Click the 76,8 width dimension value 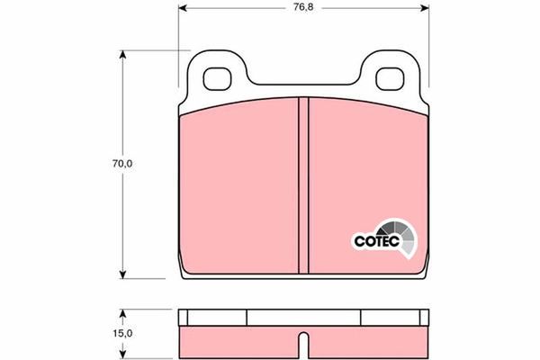(303, 7)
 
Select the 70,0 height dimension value (122, 164)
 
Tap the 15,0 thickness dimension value (122, 334)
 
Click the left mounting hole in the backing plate (217, 79)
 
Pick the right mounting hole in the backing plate (390, 79)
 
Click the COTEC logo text (377, 241)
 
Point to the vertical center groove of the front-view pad (303, 185)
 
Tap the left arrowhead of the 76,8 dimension (183, 7)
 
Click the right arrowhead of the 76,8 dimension (425, 7)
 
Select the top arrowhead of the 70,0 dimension (122, 55)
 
